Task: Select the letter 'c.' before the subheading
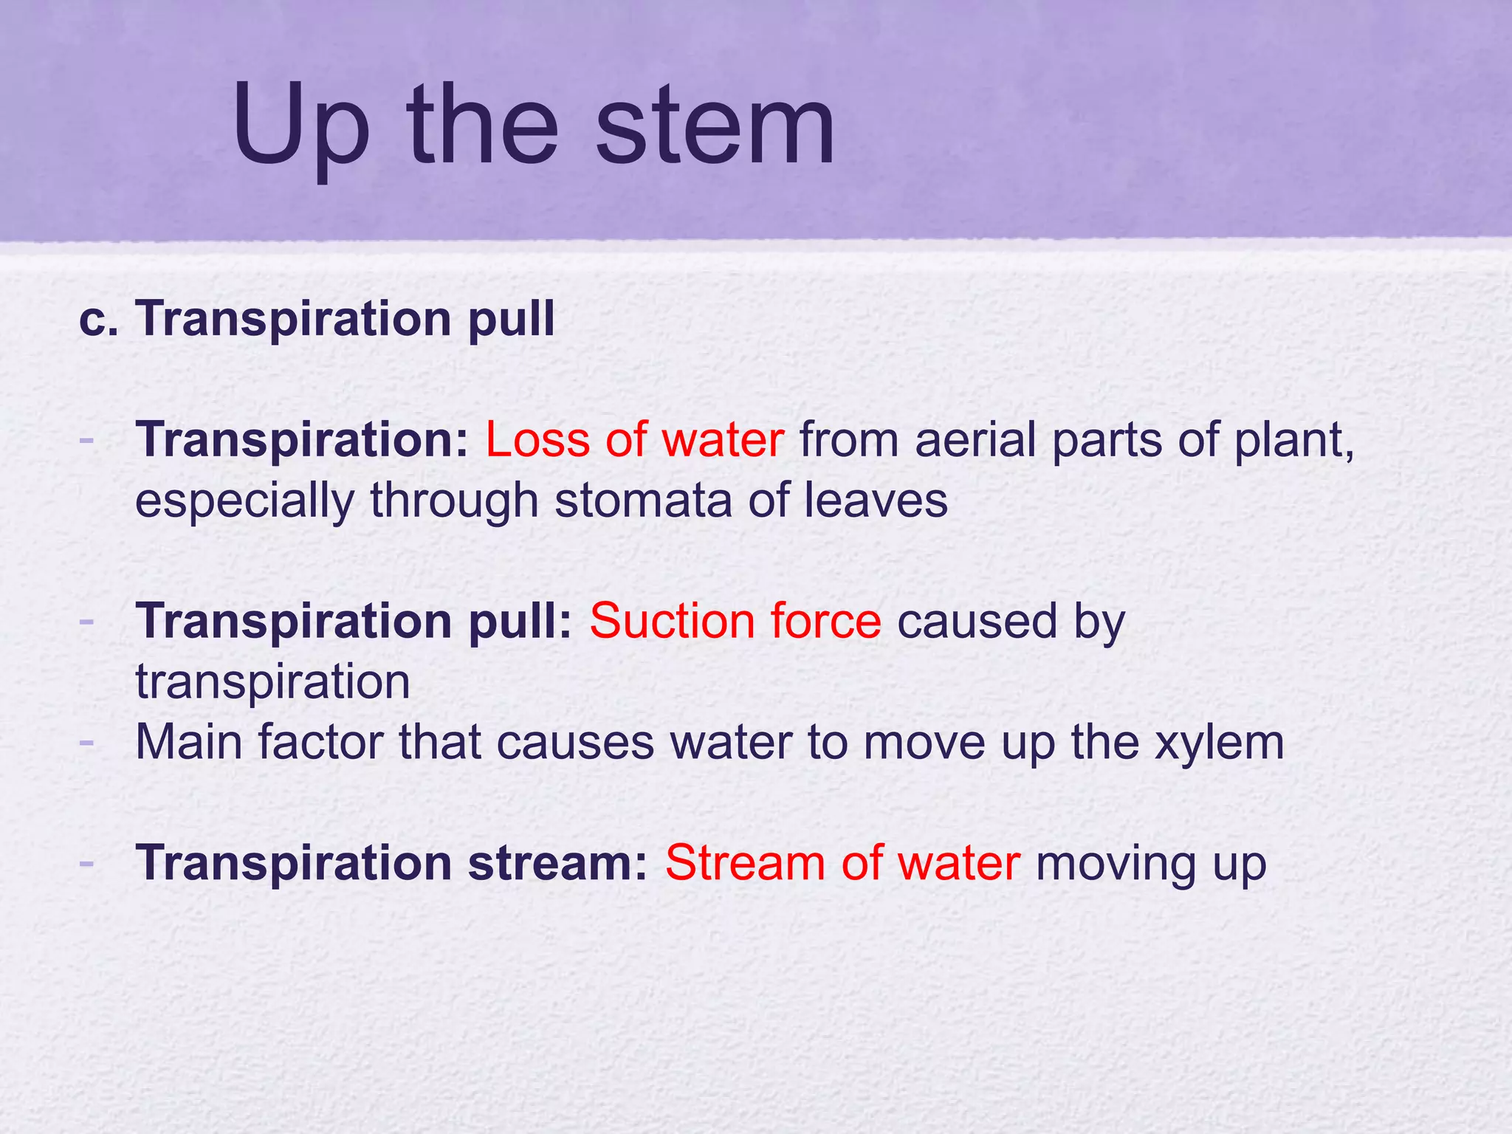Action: pos(98,319)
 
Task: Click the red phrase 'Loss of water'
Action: pos(634,440)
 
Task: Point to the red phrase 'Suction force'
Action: pos(735,621)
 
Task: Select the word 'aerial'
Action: pos(975,440)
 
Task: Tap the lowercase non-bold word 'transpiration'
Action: pos(272,682)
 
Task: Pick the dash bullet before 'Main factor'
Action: pos(86,740)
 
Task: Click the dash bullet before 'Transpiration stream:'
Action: pos(86,862)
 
